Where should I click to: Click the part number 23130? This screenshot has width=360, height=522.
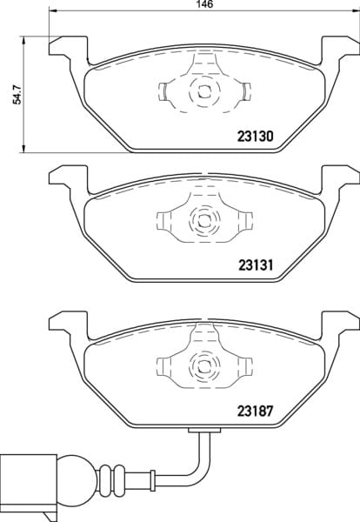pyautogui.click(x=255, y=137)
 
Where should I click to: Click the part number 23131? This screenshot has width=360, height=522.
pyautogui.click(x=256, y=265)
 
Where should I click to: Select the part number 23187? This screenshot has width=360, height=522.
pyautogui.click(x=255, y=411)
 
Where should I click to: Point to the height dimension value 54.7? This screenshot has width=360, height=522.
pyautogui.click(x=17, y=95)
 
